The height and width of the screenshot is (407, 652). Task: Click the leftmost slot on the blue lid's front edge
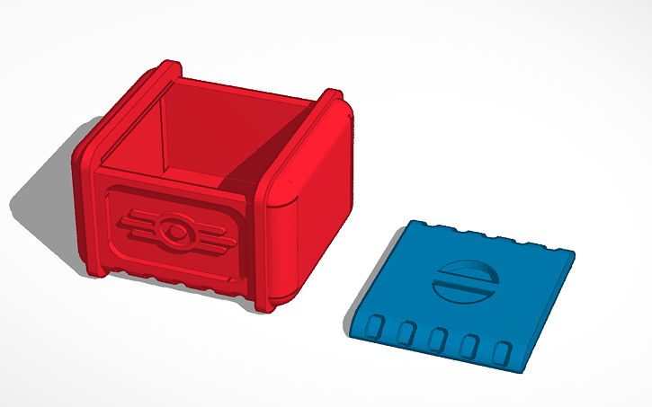379,324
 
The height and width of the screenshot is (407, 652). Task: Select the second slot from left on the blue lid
406,332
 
